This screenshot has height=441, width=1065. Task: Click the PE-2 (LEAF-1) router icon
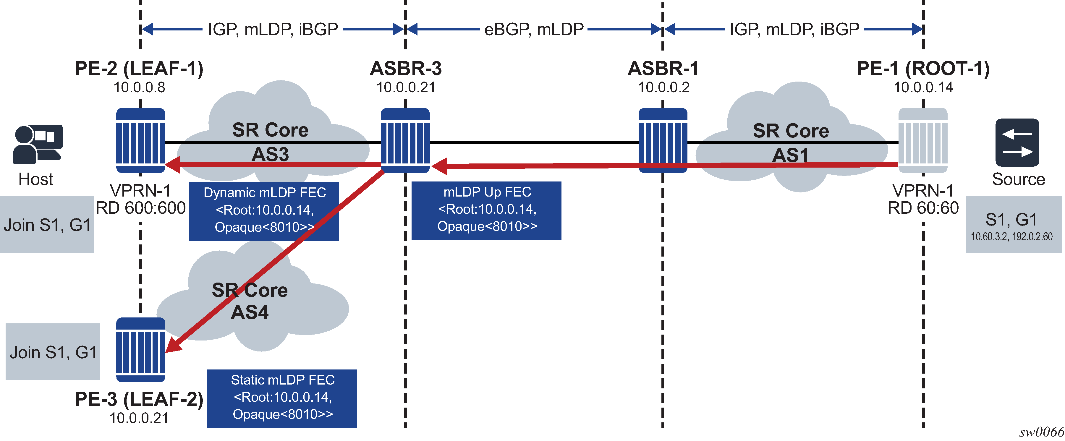tap(140, 140)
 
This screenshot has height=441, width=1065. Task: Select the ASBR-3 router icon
tap(405, 140)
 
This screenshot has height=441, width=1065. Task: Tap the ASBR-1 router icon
tap(663, 140)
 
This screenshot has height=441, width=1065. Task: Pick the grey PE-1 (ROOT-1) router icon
tap(923, 140)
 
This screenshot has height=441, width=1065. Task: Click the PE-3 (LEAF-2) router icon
tap(140, 350)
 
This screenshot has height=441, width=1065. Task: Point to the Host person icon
tap(37, 144)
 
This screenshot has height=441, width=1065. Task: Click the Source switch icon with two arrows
tap(1017, 142)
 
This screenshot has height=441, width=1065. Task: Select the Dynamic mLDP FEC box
tap(264, 211)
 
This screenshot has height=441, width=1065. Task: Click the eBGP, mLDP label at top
tap(534, 29)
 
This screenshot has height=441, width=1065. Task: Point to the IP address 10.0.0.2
tap(663, 87)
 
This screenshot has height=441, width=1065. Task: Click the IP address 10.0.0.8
tap(139, 87)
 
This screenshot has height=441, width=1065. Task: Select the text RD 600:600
tap(140, 208)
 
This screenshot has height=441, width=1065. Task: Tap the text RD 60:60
tap(923, 208)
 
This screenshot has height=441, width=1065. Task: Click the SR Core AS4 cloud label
tap(250, 301)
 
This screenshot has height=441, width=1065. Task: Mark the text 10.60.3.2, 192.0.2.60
tap(1012, 237)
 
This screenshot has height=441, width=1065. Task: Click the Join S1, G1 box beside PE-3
tap(53, 352)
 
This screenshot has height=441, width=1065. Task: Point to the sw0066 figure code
tap(1041, 432)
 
